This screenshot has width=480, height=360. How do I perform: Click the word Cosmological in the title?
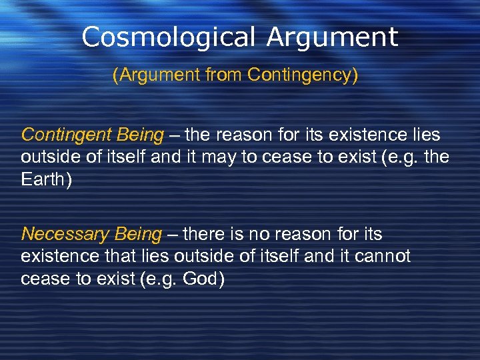tap(169, 37)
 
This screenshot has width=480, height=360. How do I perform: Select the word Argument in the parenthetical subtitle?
tap(153, 75)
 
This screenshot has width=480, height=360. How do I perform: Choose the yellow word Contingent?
tap(65, 135)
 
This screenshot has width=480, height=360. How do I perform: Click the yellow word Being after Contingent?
tap(139, 135)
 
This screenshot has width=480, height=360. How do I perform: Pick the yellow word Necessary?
tap(65, 235)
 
